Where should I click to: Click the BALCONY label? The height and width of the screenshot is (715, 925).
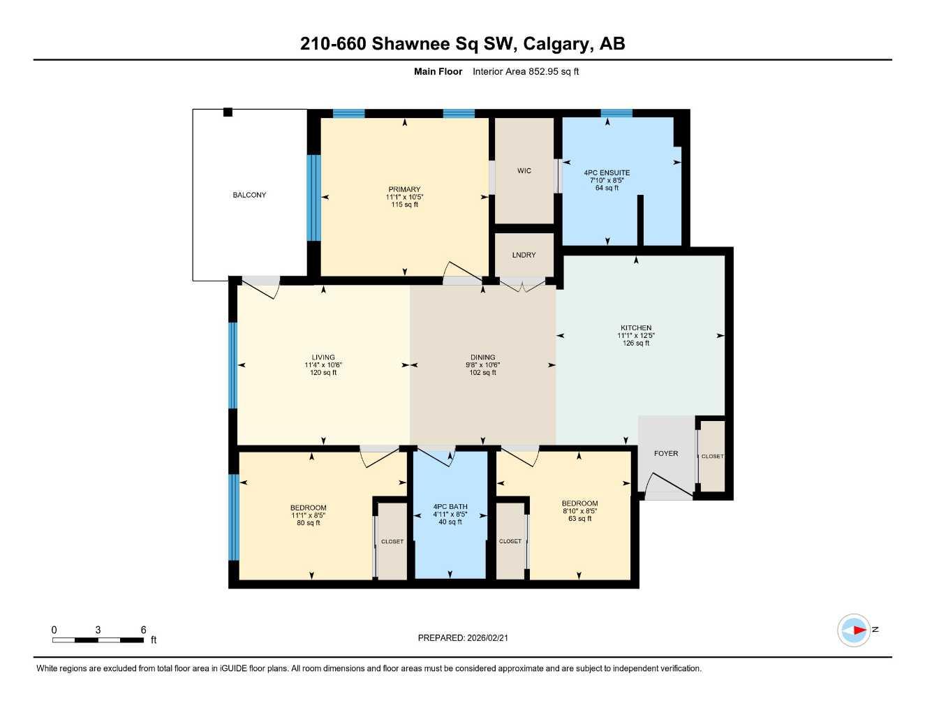(x=249, y=195)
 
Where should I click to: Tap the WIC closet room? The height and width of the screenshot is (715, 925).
(x=524, y=171)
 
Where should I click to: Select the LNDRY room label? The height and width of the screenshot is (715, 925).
(x=524, y=255)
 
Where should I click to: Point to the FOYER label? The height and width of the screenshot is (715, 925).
(x=666, y=453)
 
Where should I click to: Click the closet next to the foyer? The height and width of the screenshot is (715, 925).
(x=712, y=457)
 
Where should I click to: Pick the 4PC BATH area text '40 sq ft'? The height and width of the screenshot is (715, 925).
(x=450, y=522)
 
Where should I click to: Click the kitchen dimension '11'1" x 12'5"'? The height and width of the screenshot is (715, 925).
(x=636, y=336)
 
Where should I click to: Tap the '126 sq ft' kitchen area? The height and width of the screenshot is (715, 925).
(x=636, y=344)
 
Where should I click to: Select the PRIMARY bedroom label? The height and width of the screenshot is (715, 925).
(x=405, y=189)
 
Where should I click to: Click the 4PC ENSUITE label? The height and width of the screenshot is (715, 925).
(x=607, y=172)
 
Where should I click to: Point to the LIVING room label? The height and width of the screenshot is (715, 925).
(x=323, y=357)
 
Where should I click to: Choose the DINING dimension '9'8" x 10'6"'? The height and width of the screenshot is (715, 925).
(x=482, y=365)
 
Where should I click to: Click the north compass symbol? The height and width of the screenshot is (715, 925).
(x=854, y=631)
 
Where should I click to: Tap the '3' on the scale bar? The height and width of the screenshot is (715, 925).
(x=98, y=630)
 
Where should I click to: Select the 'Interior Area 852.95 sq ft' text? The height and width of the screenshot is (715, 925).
(x=526, y=71)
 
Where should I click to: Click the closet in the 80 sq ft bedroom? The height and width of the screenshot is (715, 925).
(x=392, y=541)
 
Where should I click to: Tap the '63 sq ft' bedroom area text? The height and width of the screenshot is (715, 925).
(x=579, y=519)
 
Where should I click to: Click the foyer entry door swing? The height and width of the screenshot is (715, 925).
(x=667, y=485)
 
